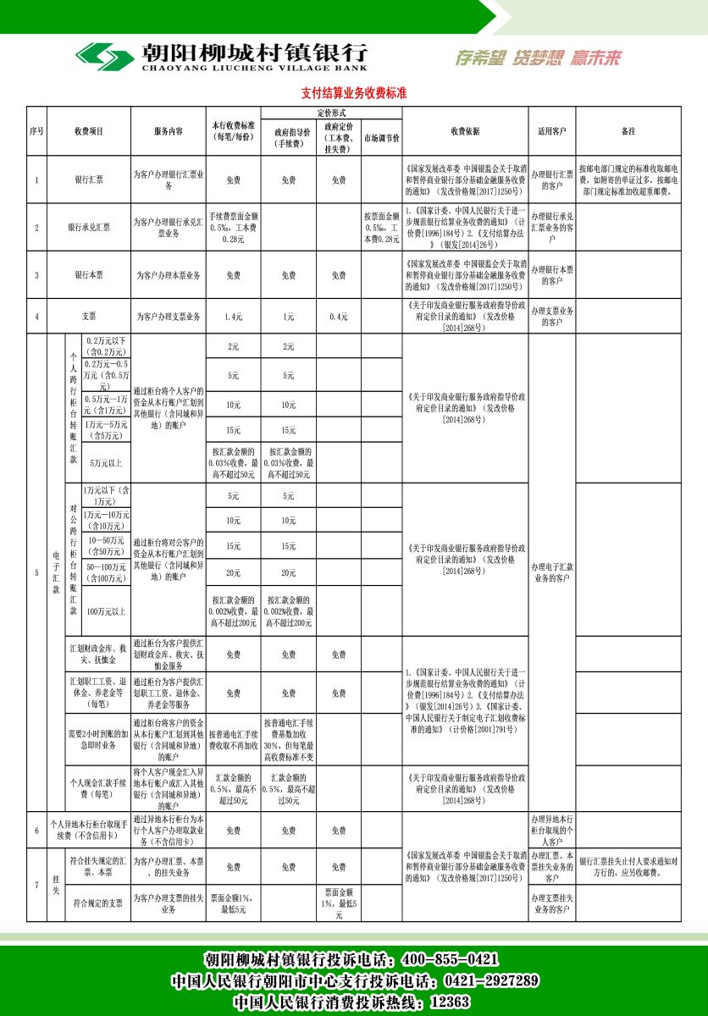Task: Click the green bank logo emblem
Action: coord(103,57)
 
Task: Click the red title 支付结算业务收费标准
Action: coord(354,93)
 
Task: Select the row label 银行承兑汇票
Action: coord(89,227)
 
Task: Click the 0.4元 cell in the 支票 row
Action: coord(338,317)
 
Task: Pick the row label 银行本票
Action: coord(89,275)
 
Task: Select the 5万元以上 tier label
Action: coord(106,462)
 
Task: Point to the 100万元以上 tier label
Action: coord(106,610)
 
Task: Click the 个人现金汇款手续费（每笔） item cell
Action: coord(98,789)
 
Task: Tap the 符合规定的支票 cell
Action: coord(98,903)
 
